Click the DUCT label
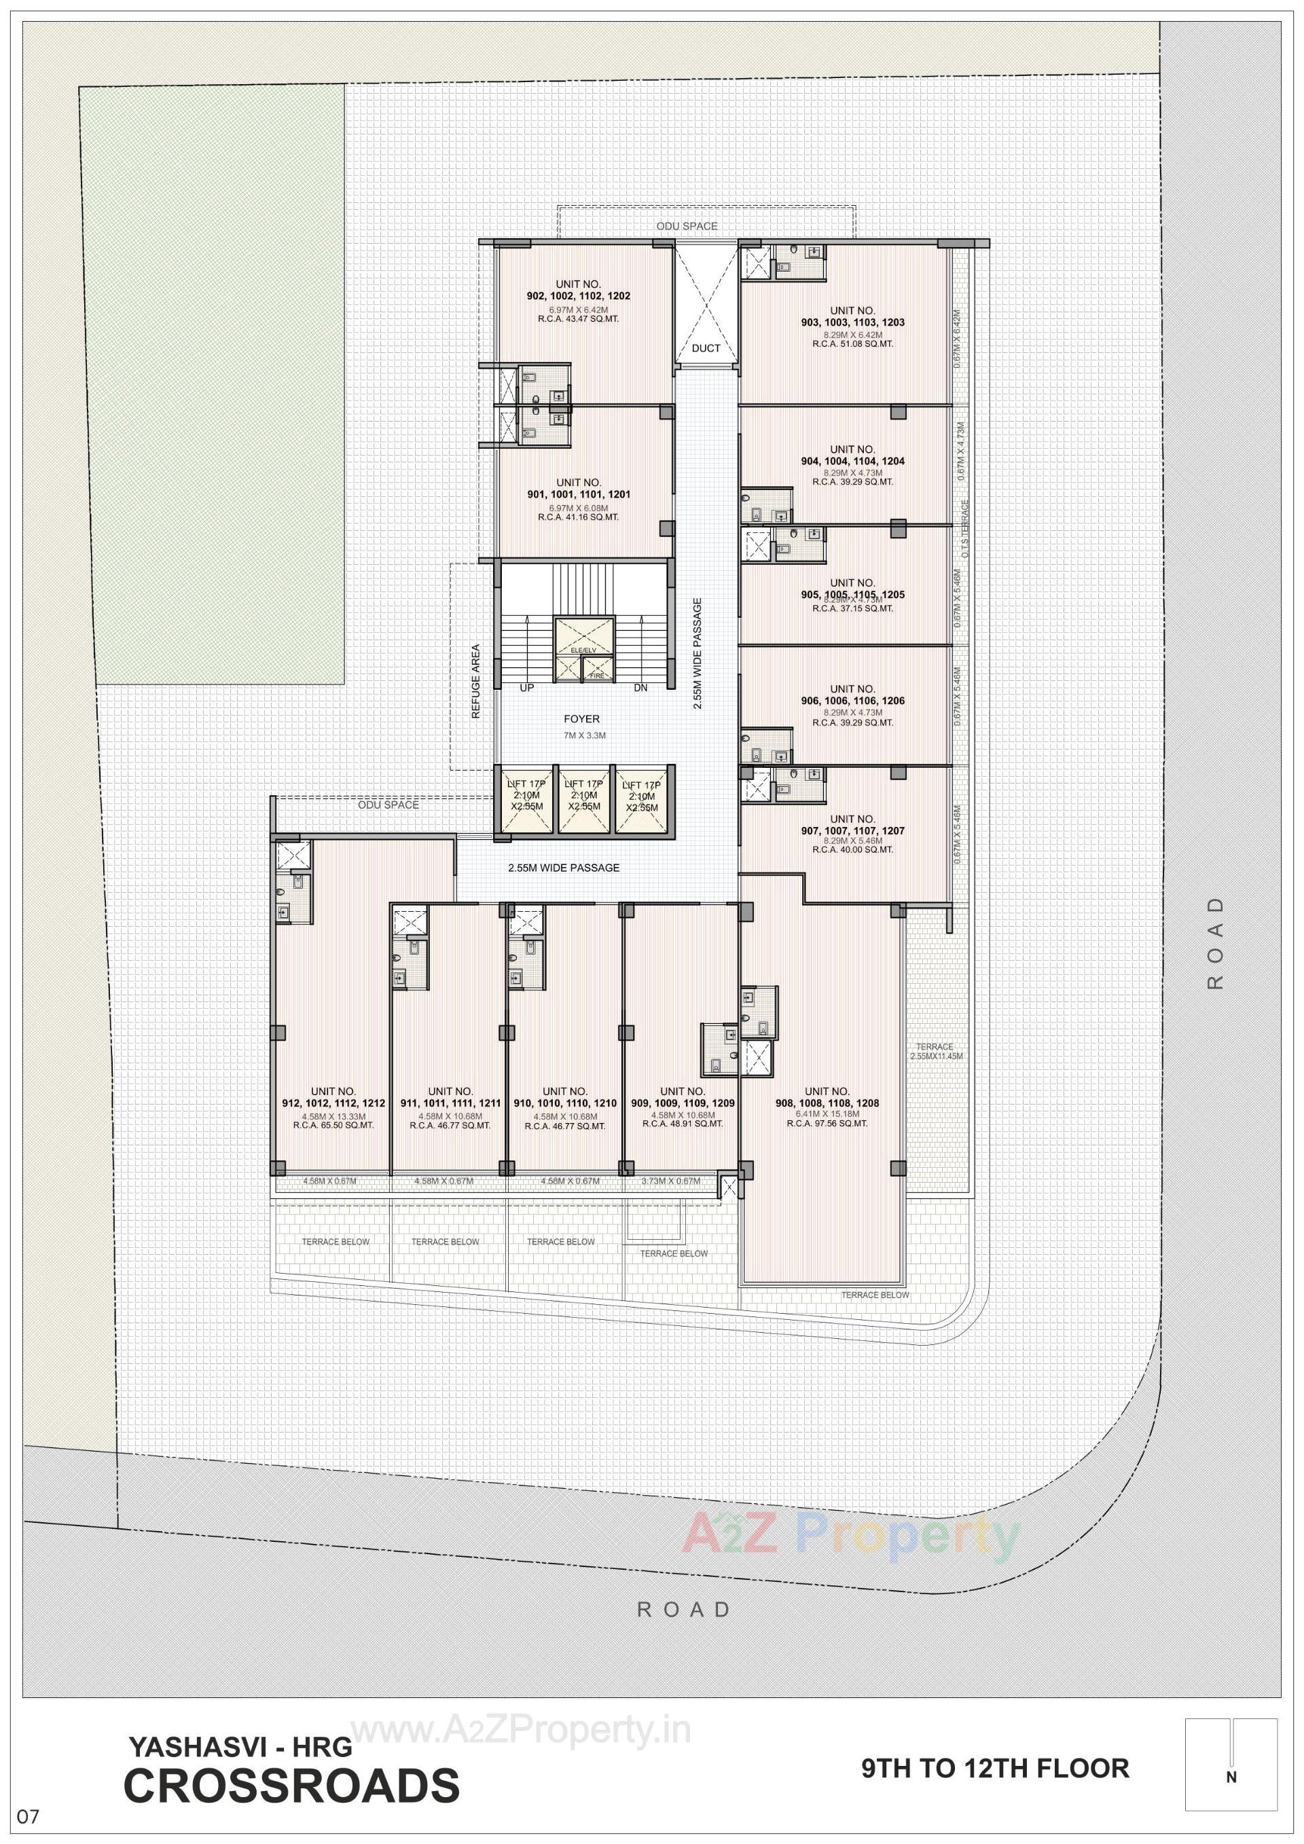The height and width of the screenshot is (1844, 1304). [x=706, y=348]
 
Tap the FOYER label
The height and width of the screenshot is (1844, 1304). [x=581, y=720]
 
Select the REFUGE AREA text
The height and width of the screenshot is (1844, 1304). [x=475, y=681]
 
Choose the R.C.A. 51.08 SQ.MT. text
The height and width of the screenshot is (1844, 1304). [x=852, y=344]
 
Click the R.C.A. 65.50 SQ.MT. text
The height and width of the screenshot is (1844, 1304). [x=333, y=1125]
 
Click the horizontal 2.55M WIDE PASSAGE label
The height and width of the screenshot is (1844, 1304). [x=563, y=868]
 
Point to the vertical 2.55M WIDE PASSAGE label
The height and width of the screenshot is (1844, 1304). [x=698, y=653]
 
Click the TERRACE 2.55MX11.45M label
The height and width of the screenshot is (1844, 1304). [x=935, y=1051]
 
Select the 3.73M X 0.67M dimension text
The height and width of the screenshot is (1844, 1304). [x=671, y=1181]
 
